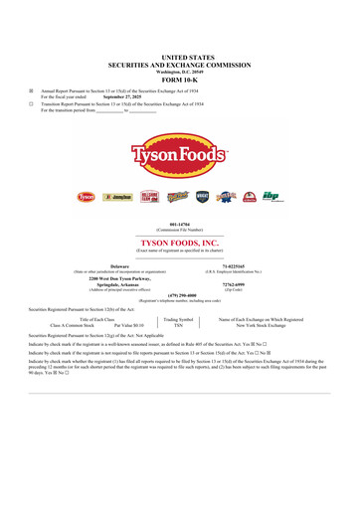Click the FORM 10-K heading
[x=180, y=83]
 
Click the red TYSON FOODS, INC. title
[x=180, y=242]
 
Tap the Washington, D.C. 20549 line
[x=180, y=73]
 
